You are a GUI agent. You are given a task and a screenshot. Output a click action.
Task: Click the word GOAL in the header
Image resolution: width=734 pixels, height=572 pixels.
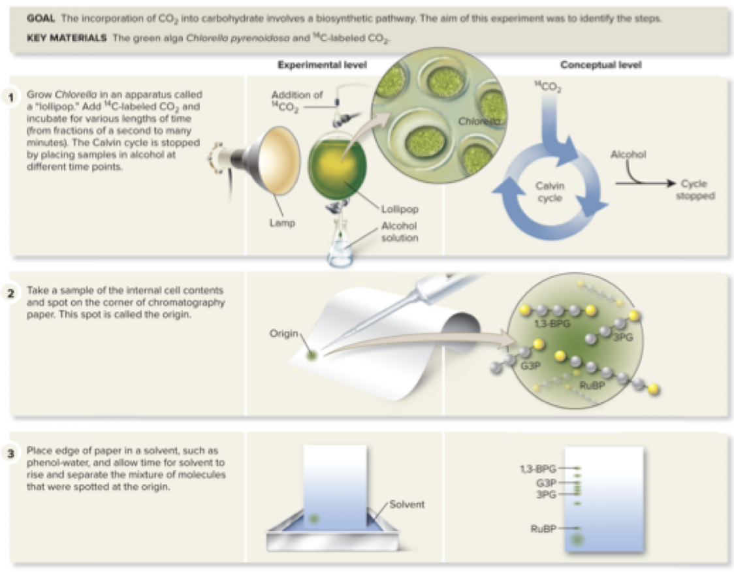(40, 18)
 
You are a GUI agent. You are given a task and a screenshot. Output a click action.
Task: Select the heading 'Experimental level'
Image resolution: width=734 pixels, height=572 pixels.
(322, 65)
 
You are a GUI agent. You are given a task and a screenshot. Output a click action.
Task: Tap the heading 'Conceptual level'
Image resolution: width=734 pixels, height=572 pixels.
(601, 65)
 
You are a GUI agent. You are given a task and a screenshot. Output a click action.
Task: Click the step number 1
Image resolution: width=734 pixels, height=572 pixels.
(11, 99)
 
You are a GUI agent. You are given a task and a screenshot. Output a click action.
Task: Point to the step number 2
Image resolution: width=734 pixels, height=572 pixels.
(11, 293)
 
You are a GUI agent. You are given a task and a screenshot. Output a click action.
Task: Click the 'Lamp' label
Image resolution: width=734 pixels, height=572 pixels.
(282, 223)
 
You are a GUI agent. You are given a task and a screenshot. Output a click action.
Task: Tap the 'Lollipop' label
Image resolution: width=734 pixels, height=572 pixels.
(400, 210)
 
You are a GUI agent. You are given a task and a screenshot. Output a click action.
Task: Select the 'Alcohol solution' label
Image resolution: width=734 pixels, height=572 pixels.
(400, 231)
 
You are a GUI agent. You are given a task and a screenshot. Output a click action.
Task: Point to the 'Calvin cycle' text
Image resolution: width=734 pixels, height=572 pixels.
(550, 192)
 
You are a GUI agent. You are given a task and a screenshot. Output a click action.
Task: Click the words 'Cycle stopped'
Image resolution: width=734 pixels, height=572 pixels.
(695, 189)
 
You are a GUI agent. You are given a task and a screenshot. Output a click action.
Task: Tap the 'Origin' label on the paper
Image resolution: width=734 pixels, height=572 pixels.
(283, 334)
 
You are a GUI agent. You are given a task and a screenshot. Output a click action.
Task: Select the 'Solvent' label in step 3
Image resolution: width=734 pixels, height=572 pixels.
(407, 504)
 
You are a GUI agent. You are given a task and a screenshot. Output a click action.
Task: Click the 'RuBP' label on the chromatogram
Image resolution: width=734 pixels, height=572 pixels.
(543, 528)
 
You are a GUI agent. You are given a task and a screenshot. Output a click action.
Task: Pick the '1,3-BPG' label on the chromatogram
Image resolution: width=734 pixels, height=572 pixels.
(537, 468)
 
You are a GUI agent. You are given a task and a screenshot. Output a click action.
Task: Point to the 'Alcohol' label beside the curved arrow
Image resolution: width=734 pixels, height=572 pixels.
(628, 155)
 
